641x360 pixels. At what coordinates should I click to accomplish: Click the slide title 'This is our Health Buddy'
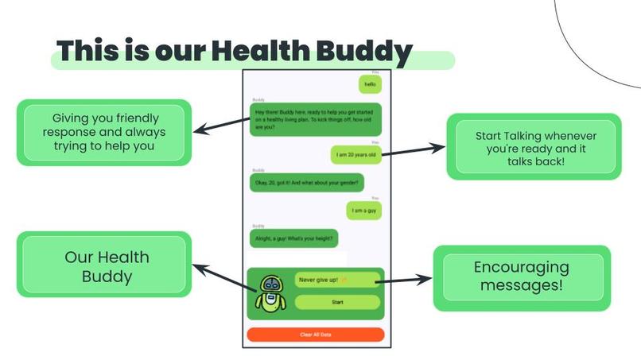[x=235, y=52]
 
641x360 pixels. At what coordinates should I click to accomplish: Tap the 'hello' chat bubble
[x=368, y=84]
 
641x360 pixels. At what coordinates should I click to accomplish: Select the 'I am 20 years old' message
[x=355, y=154]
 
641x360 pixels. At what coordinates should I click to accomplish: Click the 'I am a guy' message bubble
[x=363, y=210]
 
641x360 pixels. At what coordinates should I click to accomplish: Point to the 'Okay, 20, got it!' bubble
[x=307, y=183]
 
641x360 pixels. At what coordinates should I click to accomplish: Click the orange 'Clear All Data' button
[x=316, y=335]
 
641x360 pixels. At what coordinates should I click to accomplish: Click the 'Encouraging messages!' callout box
[x=521, y=277]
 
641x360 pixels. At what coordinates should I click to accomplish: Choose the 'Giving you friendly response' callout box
[x=104, y=132]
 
